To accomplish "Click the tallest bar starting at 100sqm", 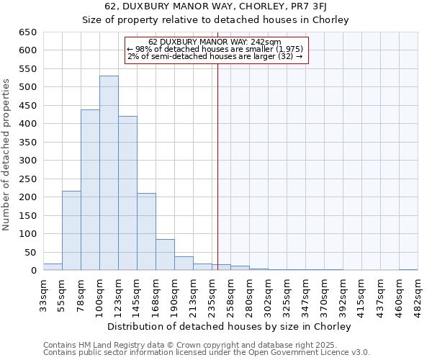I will pyautogui.click(x=109, y=173).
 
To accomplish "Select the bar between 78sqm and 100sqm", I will pyautogui.click(x=90, y=190).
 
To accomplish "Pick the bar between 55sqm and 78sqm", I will pyautogui.click(x=71, y=230).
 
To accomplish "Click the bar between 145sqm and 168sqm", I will pyautogui.click(x=146, y=232).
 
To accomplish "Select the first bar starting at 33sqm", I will pyautogui.click(x=53, y=267).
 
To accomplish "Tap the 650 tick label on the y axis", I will pyautogui.click(x=27, y=32).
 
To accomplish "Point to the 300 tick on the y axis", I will pyautogui.click(x=27, y=161).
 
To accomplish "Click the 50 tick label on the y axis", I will pyautogui.click(x=30, y=252).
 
